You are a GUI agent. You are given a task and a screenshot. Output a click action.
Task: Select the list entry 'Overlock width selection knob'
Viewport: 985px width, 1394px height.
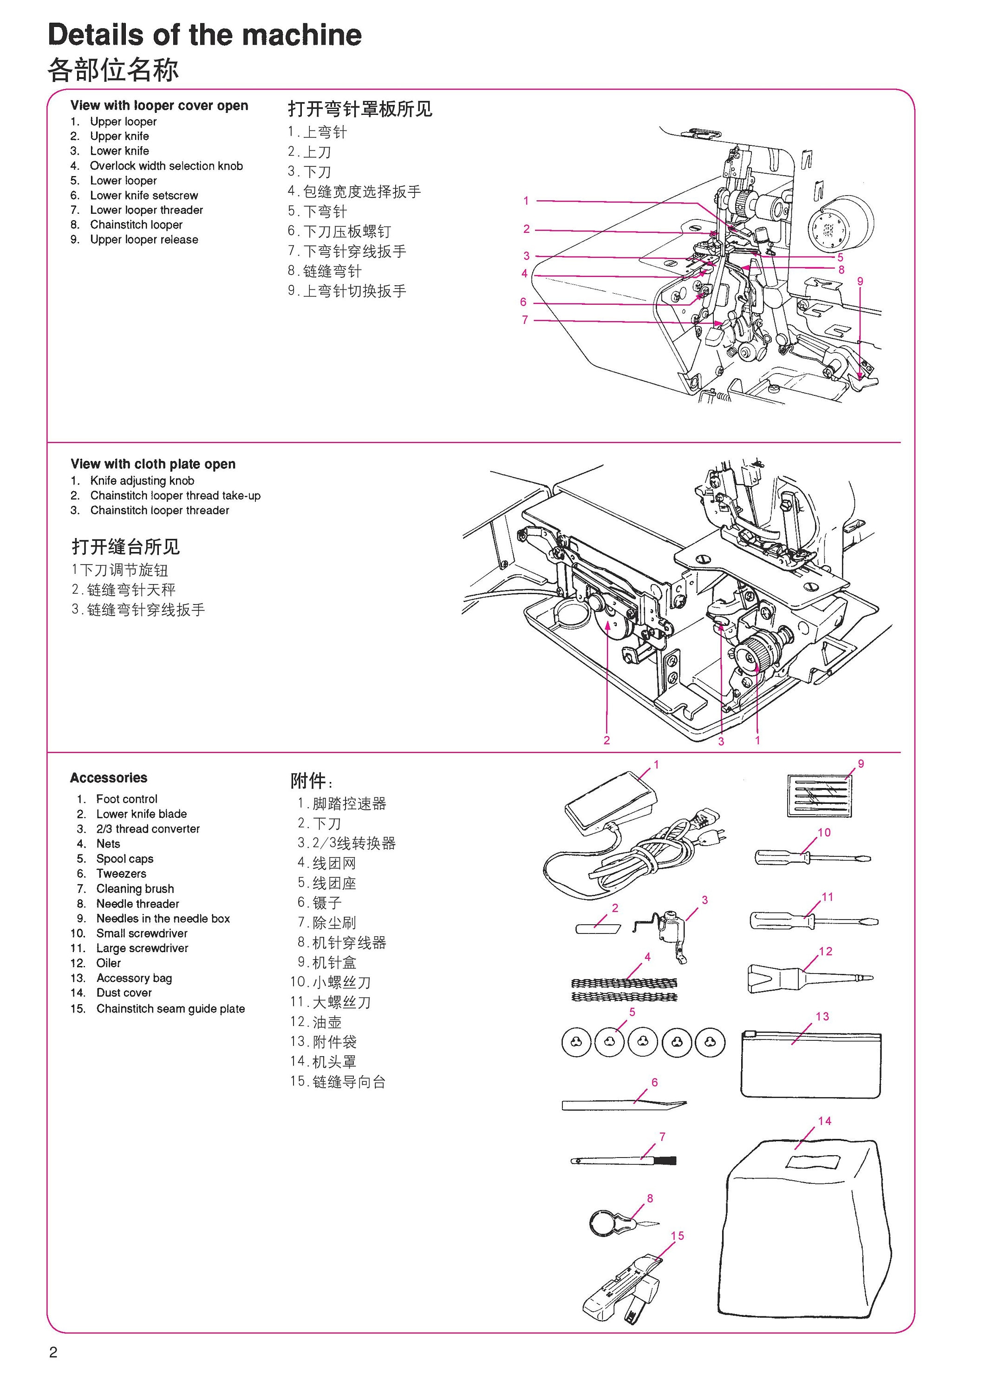[x=166, y=166]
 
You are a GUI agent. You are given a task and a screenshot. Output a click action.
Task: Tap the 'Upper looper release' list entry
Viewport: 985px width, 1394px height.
[x=144, y=240]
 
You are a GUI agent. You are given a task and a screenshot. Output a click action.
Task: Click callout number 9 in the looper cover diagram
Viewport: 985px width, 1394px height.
[x=860, y=281]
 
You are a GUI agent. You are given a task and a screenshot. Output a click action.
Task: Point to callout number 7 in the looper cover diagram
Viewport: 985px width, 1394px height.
[x=525, y=320]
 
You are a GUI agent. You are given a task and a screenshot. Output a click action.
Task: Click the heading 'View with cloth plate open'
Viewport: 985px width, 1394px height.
[x=153, y=464]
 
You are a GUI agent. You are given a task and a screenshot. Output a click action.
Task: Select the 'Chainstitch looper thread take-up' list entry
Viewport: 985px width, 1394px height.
[x=176, y=495]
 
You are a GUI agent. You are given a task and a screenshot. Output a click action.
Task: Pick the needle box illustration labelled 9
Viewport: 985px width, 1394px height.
[x=819, y=796]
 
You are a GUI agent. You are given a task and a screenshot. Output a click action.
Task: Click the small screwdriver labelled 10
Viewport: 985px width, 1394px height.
[x=813, y=858]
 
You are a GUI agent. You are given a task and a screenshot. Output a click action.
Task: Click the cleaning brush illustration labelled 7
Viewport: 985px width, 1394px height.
[x=623, y=1161]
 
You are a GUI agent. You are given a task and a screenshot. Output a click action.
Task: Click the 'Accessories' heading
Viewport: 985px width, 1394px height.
[x=109, y=778]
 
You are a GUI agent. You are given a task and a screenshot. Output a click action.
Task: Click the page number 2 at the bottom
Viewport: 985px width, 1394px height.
[x=53, y=1352]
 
